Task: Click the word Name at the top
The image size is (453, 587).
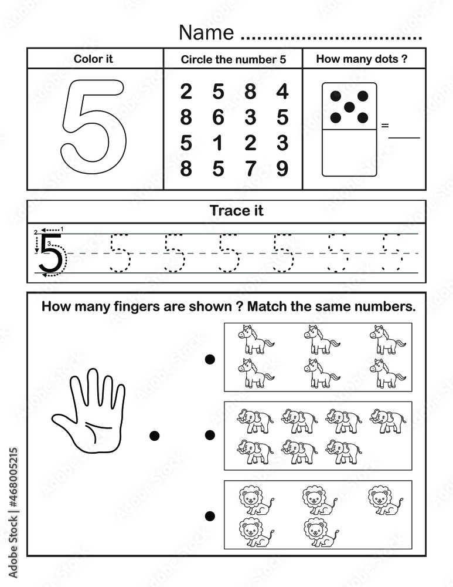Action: tap(206, 32)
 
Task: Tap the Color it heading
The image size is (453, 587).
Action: tap(93, 59)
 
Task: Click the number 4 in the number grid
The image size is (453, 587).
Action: tap(282, 92)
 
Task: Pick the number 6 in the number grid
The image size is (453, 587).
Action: tap(218, 118)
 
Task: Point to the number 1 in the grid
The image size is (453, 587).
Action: tap(218, 143)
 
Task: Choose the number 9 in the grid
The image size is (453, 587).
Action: tap(282, 169)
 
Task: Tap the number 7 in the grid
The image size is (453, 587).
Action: tap(250, 169)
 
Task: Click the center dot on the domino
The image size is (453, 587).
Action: tap(349, 107)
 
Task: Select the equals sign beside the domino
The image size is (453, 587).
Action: tap(384, 125)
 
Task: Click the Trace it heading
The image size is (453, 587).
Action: tap(236, 211)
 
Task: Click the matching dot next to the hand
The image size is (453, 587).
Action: tap(155, 435)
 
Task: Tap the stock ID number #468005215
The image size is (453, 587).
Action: tap(12, 493)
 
